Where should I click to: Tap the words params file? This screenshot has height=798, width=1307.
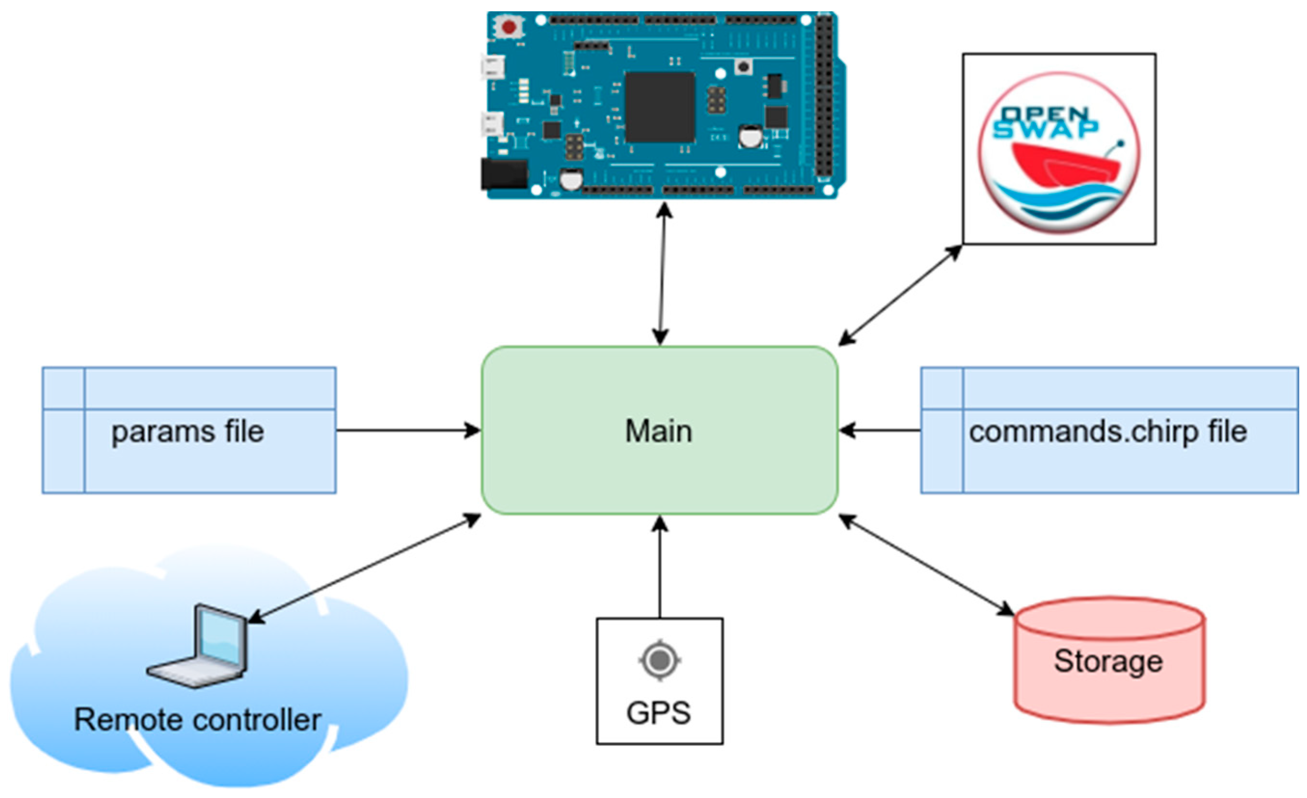click(x=187, y=432)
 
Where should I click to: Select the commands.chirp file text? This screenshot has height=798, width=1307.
click(x=1107, y=432)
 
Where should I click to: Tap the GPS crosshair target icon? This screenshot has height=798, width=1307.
click(x=660, y=660)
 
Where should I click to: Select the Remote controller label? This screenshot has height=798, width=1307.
click(x=197, y=720)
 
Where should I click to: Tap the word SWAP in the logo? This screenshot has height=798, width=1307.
click(x=1045, y=129)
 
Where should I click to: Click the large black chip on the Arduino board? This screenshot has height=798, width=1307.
click(x=660, y=107)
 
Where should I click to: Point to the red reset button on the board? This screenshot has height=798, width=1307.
click(x=509, y=27)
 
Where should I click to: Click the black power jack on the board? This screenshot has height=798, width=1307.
click(x=503, y=173)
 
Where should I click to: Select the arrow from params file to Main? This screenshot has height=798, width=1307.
click(x=408, y=430)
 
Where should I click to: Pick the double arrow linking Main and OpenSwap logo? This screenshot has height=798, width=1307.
click(x=900, y=295)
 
